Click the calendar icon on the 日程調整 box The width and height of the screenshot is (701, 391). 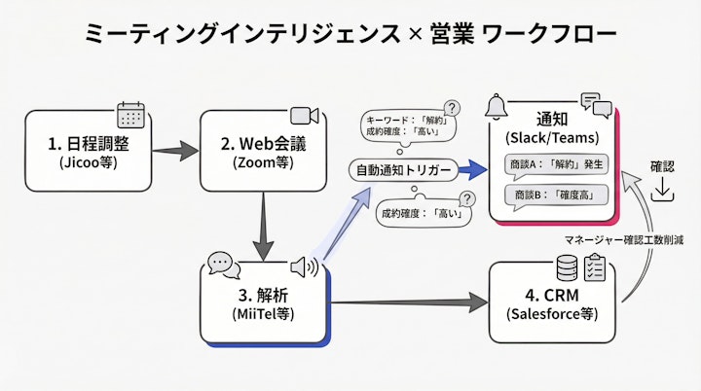coord(130,115)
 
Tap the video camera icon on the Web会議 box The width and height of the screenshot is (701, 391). coord(305,116)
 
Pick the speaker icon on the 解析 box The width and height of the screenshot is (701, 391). coord(306,266)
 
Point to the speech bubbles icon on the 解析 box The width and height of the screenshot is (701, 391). coord(223,264)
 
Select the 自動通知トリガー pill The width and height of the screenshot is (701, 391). coord(403,170)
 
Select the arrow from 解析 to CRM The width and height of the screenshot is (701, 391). coord(409,302)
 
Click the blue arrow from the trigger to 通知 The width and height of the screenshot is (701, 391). coord(473,170)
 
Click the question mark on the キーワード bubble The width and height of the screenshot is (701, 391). coord(452,108)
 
